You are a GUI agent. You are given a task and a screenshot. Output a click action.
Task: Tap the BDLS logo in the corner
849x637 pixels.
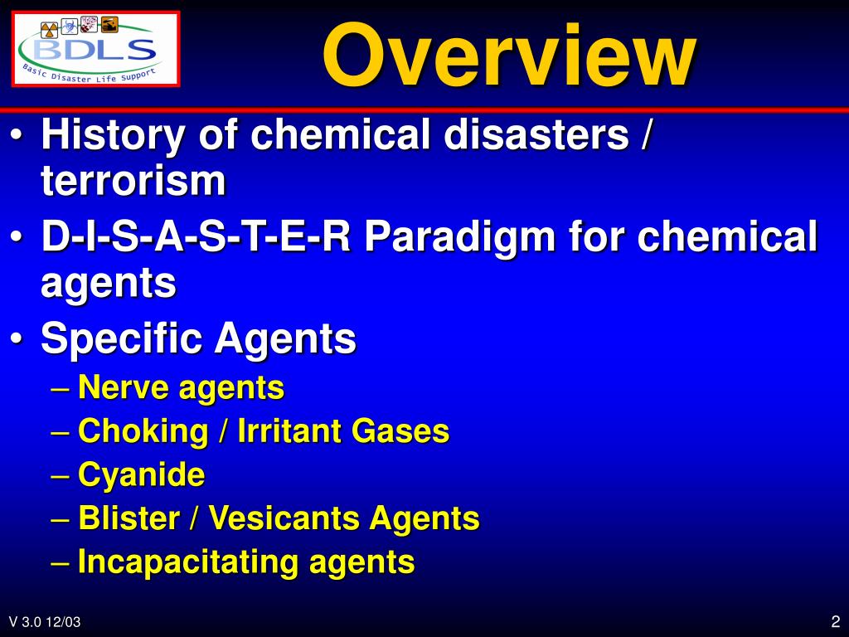(x=96, y=48)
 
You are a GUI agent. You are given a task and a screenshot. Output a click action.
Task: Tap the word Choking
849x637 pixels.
(x=143, y=431)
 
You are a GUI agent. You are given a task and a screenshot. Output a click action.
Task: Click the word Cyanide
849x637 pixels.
(x=141, y=475)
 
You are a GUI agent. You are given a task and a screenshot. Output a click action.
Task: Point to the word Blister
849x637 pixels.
(x=129, y=519)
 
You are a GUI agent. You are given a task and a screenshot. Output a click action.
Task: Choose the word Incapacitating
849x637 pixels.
(x=188, y=562)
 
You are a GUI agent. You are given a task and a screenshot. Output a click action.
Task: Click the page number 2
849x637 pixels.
(x=835, y=621)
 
